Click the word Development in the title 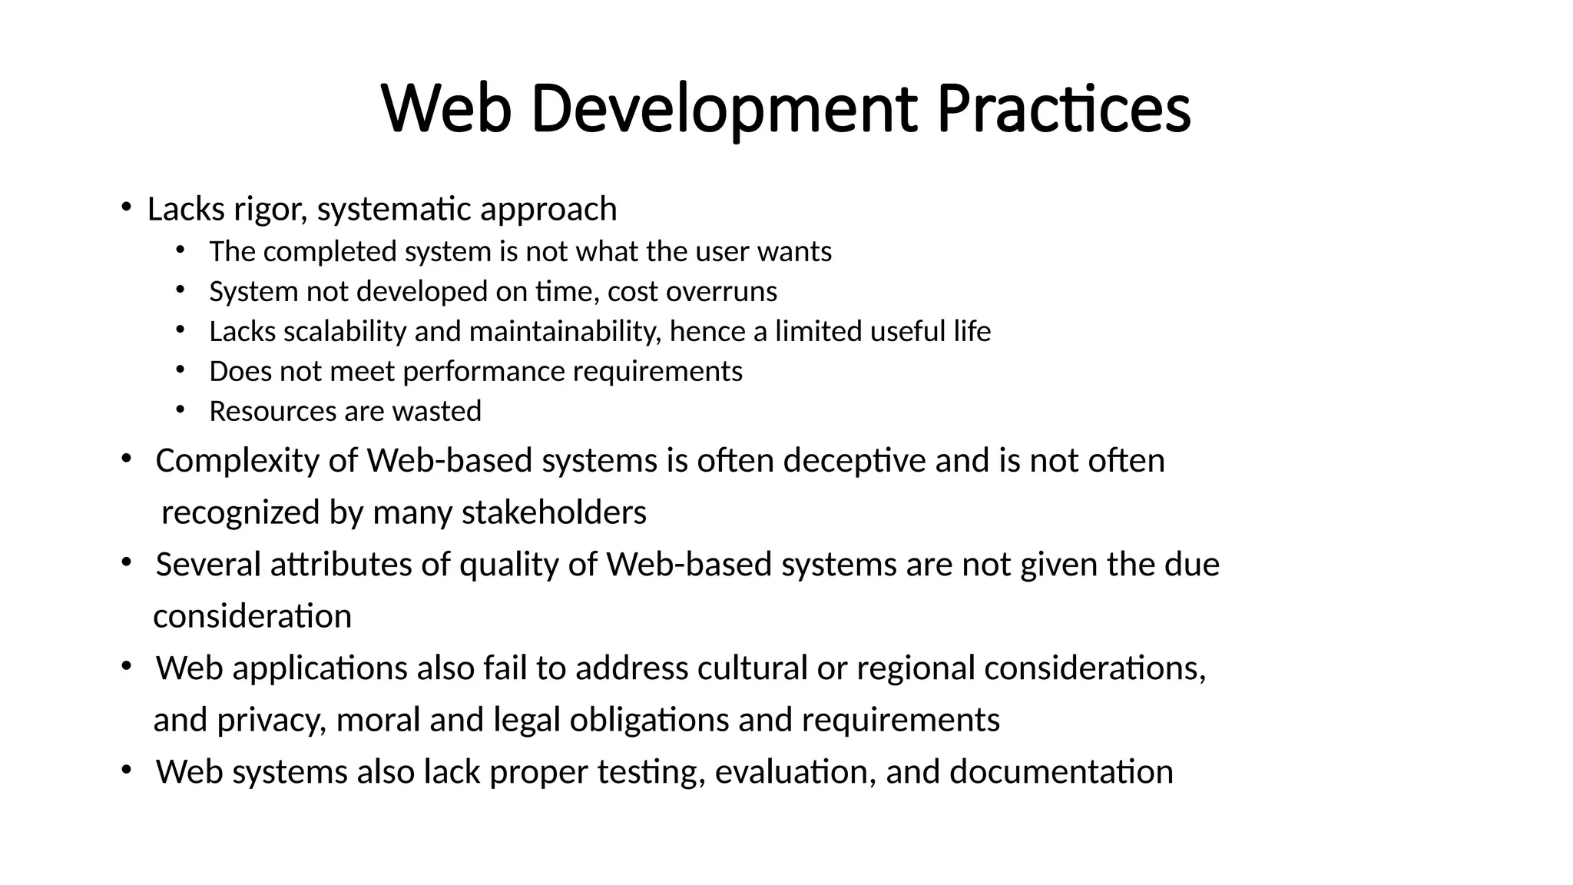click(x=724, y=109)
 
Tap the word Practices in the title click(x=1064, y=109)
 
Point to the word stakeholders click(x=554, y=512)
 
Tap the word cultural click(x=752, y=668)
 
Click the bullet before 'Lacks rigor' click(x=125, y=207)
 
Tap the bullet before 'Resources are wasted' click(x=180, y=409)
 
